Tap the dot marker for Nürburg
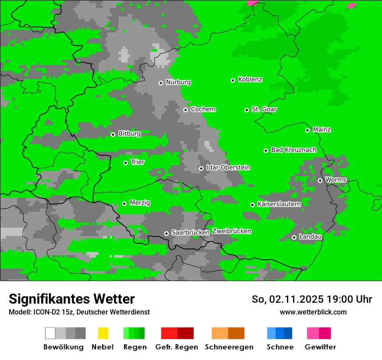(x=161, y=82)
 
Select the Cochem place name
(x=203, y=109)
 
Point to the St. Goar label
(x=264, y=109)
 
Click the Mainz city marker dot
(x=307, y=130)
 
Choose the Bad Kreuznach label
(x=293, y=150)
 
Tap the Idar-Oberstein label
(x=228, y=167)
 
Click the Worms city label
(x=336, y=180)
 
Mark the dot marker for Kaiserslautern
(x=252, y=205)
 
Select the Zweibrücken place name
(x=231, y=231)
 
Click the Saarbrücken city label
(x=191, y=232)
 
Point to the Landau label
(x=310, y=237)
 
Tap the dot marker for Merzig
(x=124, y=203)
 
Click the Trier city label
(x=138, y=162)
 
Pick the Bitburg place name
(x=129, y=134)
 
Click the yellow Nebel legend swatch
(x=103, y=333)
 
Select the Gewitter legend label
(x=320, y=347)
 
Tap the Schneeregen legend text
(x=229, y=347)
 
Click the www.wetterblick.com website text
(x=313, y=312)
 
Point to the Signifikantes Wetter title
(x=72, y=299)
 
